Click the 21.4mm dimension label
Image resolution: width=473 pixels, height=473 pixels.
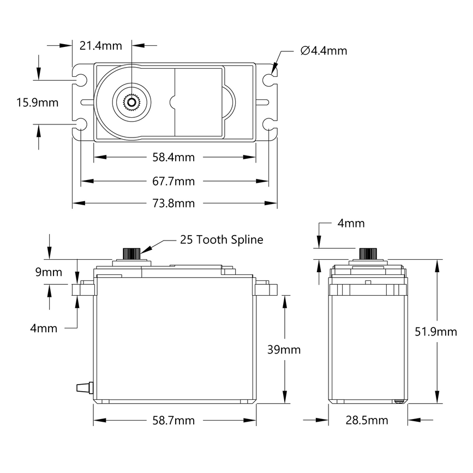click(x=101, y=45)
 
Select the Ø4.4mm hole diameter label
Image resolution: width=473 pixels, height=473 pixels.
click(x=324, y=51)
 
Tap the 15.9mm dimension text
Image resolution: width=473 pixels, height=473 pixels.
click(x=38, y=102)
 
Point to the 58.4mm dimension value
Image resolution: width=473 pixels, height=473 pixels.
click(x=173, y=158)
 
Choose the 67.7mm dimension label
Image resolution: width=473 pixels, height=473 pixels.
click(x=173, y=181)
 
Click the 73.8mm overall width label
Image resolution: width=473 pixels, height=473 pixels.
click(x=173, y=203)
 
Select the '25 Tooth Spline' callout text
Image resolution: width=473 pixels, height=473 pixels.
click(x=221, y=240)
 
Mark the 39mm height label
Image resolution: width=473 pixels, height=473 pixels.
click(x=283, y=349)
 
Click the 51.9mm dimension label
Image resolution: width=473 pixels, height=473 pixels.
click(x=436, y=332)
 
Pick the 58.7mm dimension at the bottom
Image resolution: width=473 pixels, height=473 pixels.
click(x=173, y=421)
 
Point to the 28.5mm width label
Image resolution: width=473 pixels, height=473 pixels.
click(x=367, y=420)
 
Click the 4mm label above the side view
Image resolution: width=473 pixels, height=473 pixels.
click(x=351, y=223)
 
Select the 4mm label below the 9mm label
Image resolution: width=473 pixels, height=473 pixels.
click(x=44, y=328)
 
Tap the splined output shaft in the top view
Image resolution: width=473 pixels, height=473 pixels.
click(x=131, y=101)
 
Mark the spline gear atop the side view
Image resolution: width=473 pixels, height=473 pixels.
click(x=367, y=254)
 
